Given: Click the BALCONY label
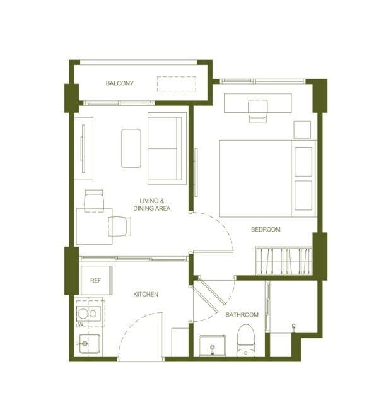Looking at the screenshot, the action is (120, 83).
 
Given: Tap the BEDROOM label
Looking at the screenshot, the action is (266, 229).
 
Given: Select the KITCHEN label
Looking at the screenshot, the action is (146, 294).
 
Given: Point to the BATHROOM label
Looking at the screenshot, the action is (242, 315).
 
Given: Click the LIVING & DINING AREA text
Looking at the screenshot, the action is (152, 204).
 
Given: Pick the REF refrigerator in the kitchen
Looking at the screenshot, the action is (96, 280).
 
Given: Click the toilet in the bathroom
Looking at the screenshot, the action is (246, 341).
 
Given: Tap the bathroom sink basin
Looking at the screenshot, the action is (212, 346).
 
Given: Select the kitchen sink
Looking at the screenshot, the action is (90, 344).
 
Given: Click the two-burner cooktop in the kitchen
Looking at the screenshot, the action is (89, 314).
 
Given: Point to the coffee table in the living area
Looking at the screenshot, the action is (131, 148).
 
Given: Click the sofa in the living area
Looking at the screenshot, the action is (167, 148).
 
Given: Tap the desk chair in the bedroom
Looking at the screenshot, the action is (257, 111).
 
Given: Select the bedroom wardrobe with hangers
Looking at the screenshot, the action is (284, 261).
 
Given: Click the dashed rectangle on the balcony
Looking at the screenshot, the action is (177, 84).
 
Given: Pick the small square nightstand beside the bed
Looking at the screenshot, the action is (302, 130).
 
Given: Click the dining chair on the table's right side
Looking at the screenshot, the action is (120, 226).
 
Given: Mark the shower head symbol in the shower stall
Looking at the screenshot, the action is (294, 327).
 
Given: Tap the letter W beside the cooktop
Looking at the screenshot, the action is (81, 324).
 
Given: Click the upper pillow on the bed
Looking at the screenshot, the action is (303, 162).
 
